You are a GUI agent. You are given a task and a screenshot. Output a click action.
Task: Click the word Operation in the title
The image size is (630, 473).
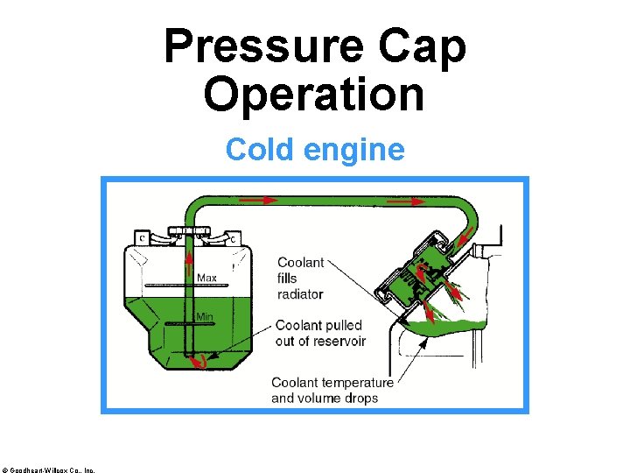click(x=314, y=95)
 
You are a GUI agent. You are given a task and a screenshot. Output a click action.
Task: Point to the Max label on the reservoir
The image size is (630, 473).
click(x=207, y=278)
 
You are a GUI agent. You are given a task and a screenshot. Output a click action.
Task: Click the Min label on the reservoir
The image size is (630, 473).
click(x=204, y=316)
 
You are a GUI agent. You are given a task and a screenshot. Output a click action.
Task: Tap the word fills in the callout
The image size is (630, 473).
click(x=288, y=278)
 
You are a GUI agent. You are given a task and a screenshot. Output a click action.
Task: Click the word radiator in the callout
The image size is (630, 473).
click(x=300, y=293)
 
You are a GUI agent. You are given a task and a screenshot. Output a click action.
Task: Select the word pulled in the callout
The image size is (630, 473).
click(x=344, y=326)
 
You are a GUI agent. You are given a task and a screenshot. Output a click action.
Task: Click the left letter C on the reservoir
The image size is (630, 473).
click(x=141, y=236)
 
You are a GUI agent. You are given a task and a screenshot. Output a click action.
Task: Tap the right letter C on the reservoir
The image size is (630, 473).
click(x=232, y=236)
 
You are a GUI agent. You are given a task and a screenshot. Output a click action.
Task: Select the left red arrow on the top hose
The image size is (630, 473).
click(x=255, y=201)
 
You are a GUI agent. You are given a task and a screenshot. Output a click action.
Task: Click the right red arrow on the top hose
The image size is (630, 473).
click(x=404, y=201)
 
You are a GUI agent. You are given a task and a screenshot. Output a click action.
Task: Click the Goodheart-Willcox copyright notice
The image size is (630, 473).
click(x=49, y=469)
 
